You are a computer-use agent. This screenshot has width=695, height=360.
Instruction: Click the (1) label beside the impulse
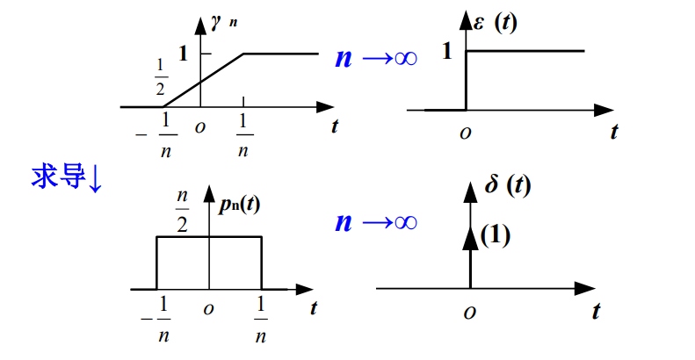[496, 234]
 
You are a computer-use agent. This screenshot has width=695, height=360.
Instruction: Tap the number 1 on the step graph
[446, 52]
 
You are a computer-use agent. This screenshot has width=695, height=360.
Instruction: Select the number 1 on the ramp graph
[184, 53]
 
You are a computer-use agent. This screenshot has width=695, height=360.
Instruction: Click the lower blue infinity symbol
[404, 223]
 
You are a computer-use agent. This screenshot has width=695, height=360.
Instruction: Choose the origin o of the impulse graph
[471, 312]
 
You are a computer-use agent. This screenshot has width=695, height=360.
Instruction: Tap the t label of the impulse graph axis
[596, 311]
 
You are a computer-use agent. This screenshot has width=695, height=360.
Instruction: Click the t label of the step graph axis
[613, 133]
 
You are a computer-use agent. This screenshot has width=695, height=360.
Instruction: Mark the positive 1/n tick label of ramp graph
[243, 137]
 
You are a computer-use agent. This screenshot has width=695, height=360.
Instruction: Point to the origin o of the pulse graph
[208, 309]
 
